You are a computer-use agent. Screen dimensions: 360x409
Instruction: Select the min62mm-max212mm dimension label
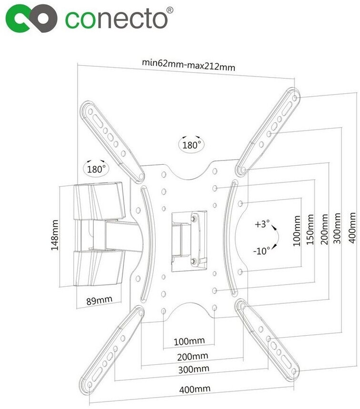(189, 63)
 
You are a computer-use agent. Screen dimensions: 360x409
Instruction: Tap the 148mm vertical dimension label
(55, 235)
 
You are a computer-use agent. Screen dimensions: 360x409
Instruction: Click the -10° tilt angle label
(262, 249)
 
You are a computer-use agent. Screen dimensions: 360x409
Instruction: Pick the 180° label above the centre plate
(191, 144)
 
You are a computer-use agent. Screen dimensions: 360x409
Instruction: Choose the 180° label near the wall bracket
(96, 168)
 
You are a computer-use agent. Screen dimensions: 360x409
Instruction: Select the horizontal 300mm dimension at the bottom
(193, 369)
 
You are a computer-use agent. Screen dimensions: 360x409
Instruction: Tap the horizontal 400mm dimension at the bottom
(194, 389)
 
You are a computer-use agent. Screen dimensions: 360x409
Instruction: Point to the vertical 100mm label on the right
(297, 230)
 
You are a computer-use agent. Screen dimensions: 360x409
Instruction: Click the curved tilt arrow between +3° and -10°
(275, 237)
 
